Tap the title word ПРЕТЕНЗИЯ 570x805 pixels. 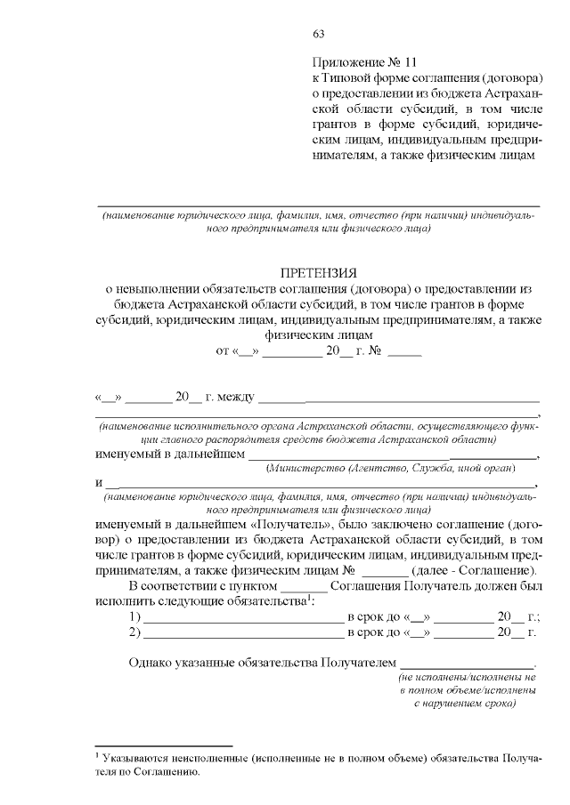(318, 273)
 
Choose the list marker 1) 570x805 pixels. (135, 616)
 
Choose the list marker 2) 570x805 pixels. (135, 632)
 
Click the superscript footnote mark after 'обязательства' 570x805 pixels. (308, 598)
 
